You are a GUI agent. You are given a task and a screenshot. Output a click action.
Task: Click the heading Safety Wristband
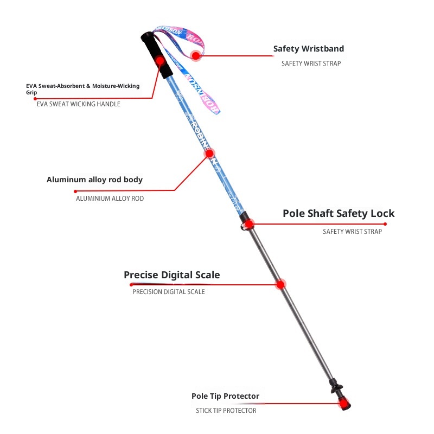click(308, 49)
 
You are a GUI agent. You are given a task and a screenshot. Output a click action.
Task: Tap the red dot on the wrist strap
click(196, 55)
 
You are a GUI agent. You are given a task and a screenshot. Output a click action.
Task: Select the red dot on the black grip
click(160, 61)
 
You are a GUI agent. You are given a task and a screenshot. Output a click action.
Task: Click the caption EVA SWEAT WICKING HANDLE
click(79, 104)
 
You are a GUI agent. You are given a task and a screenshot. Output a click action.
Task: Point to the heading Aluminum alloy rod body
click(94, 180)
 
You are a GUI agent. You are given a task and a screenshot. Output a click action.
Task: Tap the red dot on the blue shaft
click(209, 154)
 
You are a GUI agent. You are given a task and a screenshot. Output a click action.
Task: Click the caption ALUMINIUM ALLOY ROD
click(110, 199)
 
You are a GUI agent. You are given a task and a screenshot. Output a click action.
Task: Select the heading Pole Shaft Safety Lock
click(339, 213)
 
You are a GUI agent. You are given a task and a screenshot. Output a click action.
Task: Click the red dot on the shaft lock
click(249, 224)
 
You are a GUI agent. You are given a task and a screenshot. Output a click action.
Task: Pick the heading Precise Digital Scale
click(172, 275)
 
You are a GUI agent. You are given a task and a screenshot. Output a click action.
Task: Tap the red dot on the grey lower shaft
click(280, 284)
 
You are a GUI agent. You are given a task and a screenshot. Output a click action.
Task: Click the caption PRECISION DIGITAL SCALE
click(169, 292)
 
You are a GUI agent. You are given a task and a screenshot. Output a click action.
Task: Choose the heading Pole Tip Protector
click(225, 396)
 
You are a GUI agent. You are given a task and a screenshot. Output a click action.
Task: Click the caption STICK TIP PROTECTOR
click(226, 411)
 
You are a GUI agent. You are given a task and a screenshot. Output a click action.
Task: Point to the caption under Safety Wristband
click(311, 63)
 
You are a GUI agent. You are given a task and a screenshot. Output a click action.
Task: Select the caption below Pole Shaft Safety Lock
click(352, 232)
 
